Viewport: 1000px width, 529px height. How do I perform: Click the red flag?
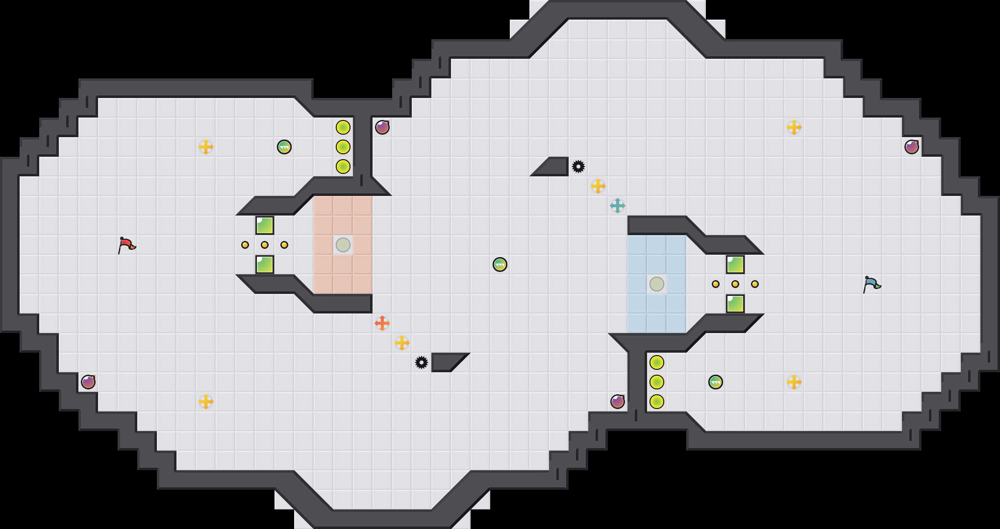click(126, 244)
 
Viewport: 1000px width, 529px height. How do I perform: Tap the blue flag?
click(872, 284)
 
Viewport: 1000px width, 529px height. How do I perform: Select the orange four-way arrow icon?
click(382, 323)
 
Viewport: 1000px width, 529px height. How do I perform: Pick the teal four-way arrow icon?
click(618, 206)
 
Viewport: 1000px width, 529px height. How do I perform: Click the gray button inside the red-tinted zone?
click(343, 245)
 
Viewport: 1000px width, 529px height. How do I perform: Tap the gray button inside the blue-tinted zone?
click(657, 284)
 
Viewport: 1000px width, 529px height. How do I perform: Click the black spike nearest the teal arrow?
click(578, 167)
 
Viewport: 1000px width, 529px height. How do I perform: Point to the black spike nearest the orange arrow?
click(422, 362)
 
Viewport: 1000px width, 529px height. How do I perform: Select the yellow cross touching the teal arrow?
click(598, 186)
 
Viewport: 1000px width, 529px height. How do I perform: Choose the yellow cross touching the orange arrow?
click(402, 343)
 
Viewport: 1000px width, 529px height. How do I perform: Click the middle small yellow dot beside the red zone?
click(265, 245)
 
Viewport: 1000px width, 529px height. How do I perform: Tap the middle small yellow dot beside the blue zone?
click(735, 284)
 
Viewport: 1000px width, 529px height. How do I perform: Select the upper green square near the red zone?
click(265, 225)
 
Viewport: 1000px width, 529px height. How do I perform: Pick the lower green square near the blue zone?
click(735, 304)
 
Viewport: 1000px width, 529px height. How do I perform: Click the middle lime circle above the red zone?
click(343, 147)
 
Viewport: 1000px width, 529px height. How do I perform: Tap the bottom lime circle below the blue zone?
click(657, 402)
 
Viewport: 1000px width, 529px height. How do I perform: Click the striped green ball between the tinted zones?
click(500, 264)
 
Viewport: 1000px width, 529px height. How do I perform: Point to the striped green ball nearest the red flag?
click(284, 147)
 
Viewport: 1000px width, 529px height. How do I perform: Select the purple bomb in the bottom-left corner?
click(88, 382)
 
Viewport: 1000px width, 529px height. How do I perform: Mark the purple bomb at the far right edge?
click(912, 147)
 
